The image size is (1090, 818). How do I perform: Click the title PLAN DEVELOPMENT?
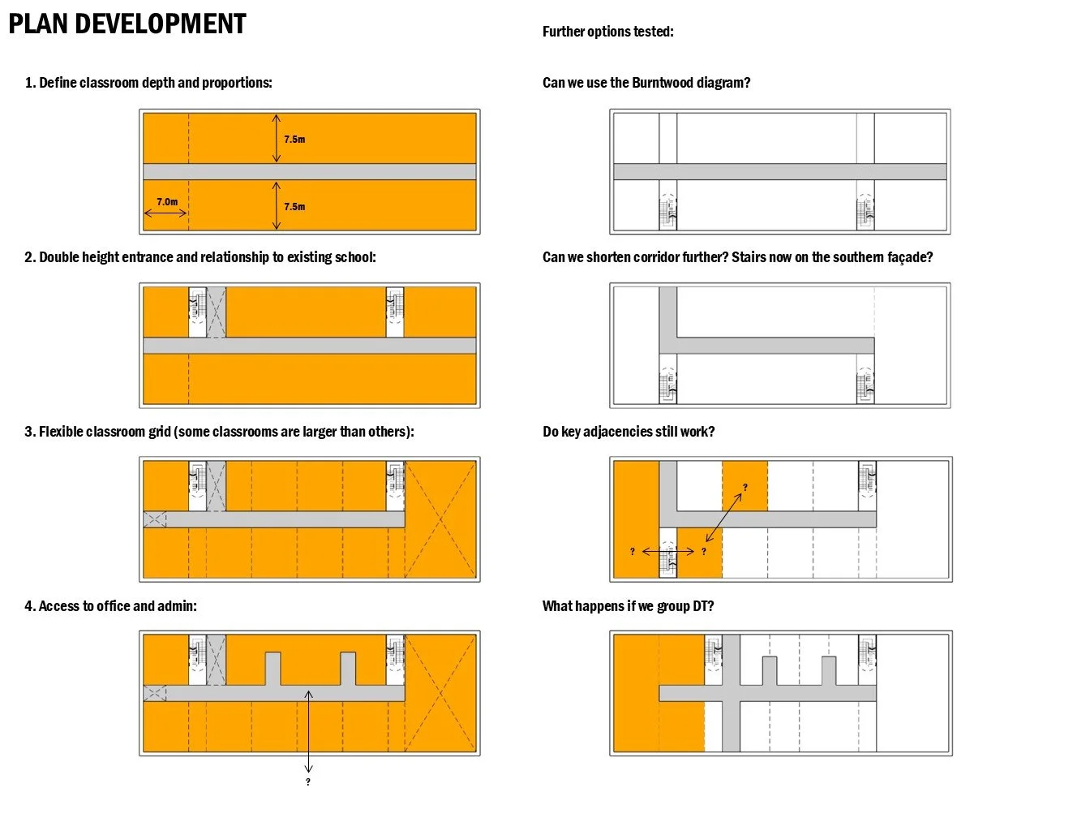pyautogui.click(x=127, y=24)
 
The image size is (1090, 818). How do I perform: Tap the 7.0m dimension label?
pyautogui.click(x=167, y=202)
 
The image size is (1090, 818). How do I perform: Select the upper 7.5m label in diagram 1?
pyautogui.click(x=294, y=140)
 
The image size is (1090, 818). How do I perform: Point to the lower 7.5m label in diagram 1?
pyautogui.click(x=294, y=207)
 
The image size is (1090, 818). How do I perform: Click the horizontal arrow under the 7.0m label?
pyautogui.click(x=165, y=214)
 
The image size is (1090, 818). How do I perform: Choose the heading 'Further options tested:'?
pyautogui.click(x=607, y=32)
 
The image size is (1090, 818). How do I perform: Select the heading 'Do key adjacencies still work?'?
pyautogui.click(x=629, y=432)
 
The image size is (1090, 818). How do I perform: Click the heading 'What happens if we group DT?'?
pyautogui.click(x=628, y=606)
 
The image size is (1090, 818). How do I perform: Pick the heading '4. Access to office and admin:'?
pyautogui.click(x=110, y=606)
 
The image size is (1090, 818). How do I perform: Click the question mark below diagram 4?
pyautogui.click(x=308, y=782)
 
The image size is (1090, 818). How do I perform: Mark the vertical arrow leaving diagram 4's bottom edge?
pyautogui.click(x=308, y=730)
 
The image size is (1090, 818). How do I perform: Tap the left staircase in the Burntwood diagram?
pyautogui.click(x=667, y=212)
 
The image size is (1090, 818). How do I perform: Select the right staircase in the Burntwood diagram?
pyautogui.click(x=865, y=212)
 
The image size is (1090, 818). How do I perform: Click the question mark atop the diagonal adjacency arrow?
pyautogui.click(x=745, y=488)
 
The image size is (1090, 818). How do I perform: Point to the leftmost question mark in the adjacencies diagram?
pyautogui.click(x=633, y=552)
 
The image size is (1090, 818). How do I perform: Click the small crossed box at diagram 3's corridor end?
pyautogui.click(x=155, y=519)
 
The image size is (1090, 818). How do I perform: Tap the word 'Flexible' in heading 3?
pyautogui.click(x=64, y=432)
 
